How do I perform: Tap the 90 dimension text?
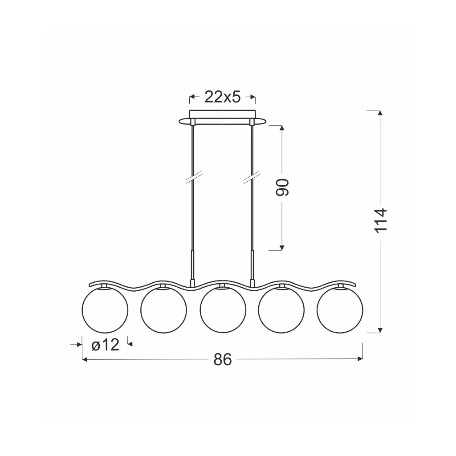coord(282,187)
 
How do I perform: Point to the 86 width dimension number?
coord(223,359)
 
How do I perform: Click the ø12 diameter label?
coord(105,345)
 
